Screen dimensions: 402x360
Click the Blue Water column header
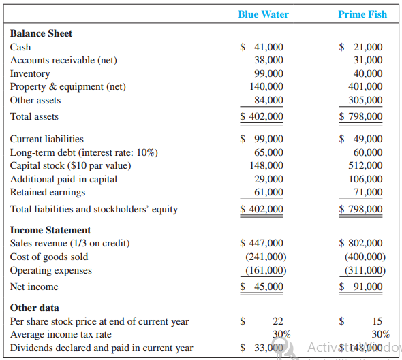pyautogui.click(x=263, y=14)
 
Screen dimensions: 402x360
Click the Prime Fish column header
pyautogui.click(x=362, y=14)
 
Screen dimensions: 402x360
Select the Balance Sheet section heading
pyautogui.click(x=41, y=33)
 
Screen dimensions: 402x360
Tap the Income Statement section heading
pyautogui.click(x=50, y=230)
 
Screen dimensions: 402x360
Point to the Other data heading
pyautogui.click(x=34, y=308)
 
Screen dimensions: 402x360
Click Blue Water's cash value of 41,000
pyautogui.click(x=268, y=47)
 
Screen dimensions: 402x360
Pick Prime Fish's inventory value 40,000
pyautogui.click(x=368, y=73)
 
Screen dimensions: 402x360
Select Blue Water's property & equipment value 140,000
pyautogui.click(x=266, y=86)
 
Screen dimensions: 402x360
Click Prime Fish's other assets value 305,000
pyautogui.click(x=365, y=100)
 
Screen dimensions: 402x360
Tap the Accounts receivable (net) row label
pyautogui.click(x=63, y=60)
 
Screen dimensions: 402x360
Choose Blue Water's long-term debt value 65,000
pyautogui.click(x=268, y=152)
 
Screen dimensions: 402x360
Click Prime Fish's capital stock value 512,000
pyautogui.click(x=365, y=165)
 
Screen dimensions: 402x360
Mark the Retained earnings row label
pyautogui.click(x=48, y=193)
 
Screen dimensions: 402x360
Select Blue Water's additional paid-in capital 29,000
pyautogui.click(x=268, y=179)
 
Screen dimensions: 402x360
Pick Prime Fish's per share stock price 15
pyautogui.click(x=377, y=321)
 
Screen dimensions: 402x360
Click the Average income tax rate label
pyautogui.click(x=61, y=334)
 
